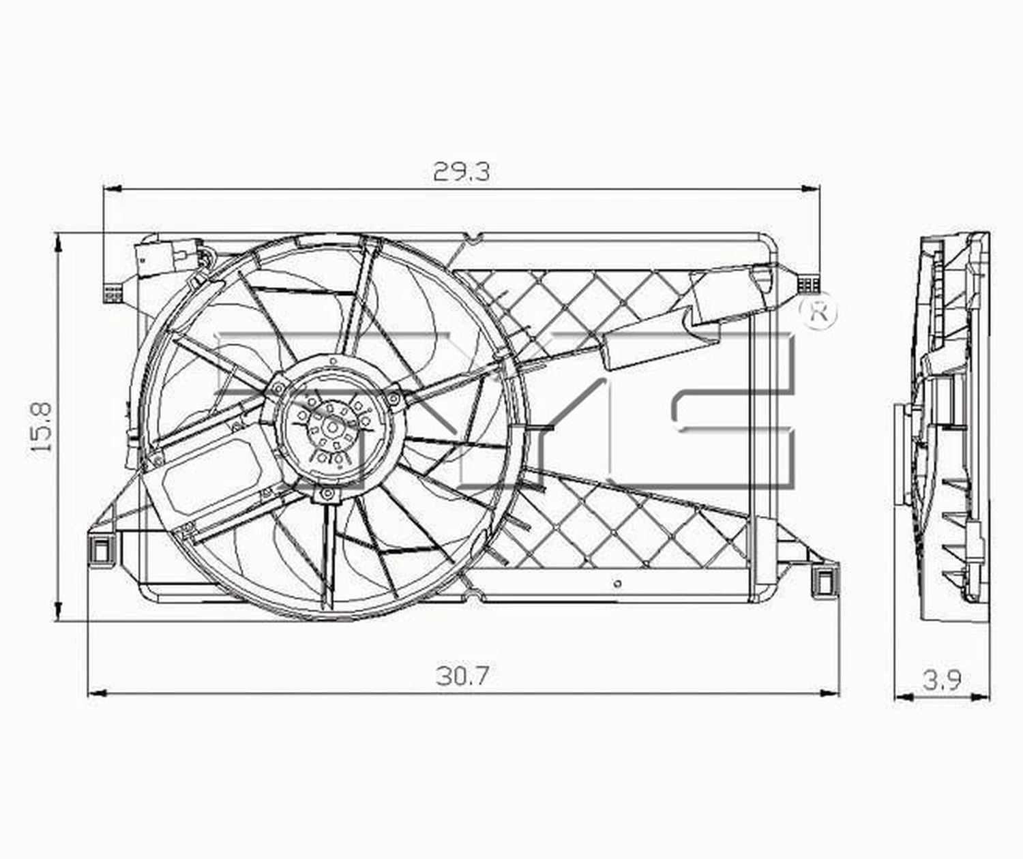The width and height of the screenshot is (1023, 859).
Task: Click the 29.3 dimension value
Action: point(461,172)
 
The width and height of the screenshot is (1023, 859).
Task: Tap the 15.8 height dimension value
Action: point(43,427)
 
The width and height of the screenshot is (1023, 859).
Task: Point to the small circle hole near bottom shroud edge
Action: point(617,584)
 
